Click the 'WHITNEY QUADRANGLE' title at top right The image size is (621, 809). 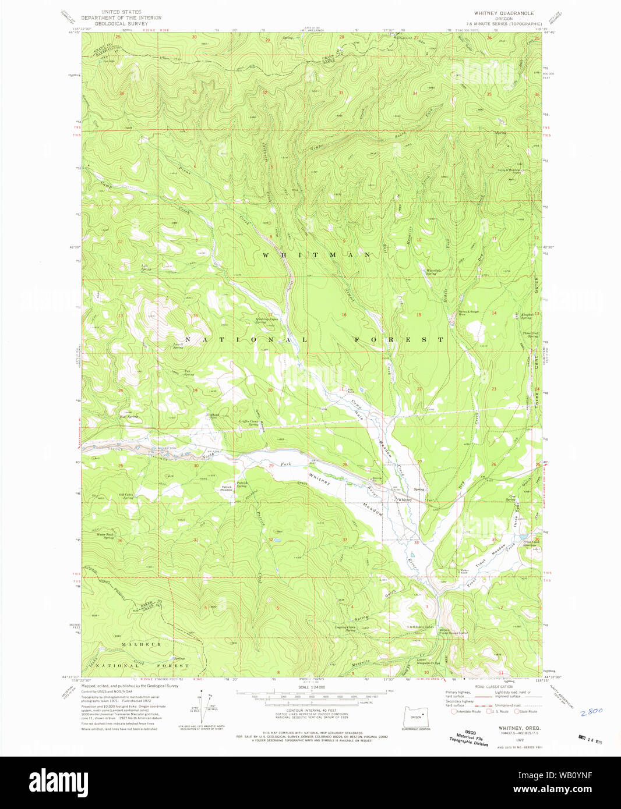503,13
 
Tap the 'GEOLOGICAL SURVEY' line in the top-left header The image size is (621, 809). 121,24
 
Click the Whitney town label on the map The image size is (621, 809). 404,500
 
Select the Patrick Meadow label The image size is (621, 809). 226,488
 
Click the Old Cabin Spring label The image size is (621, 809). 127,496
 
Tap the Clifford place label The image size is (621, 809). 213,414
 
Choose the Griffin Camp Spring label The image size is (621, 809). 248,423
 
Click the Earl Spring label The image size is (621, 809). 129,417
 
